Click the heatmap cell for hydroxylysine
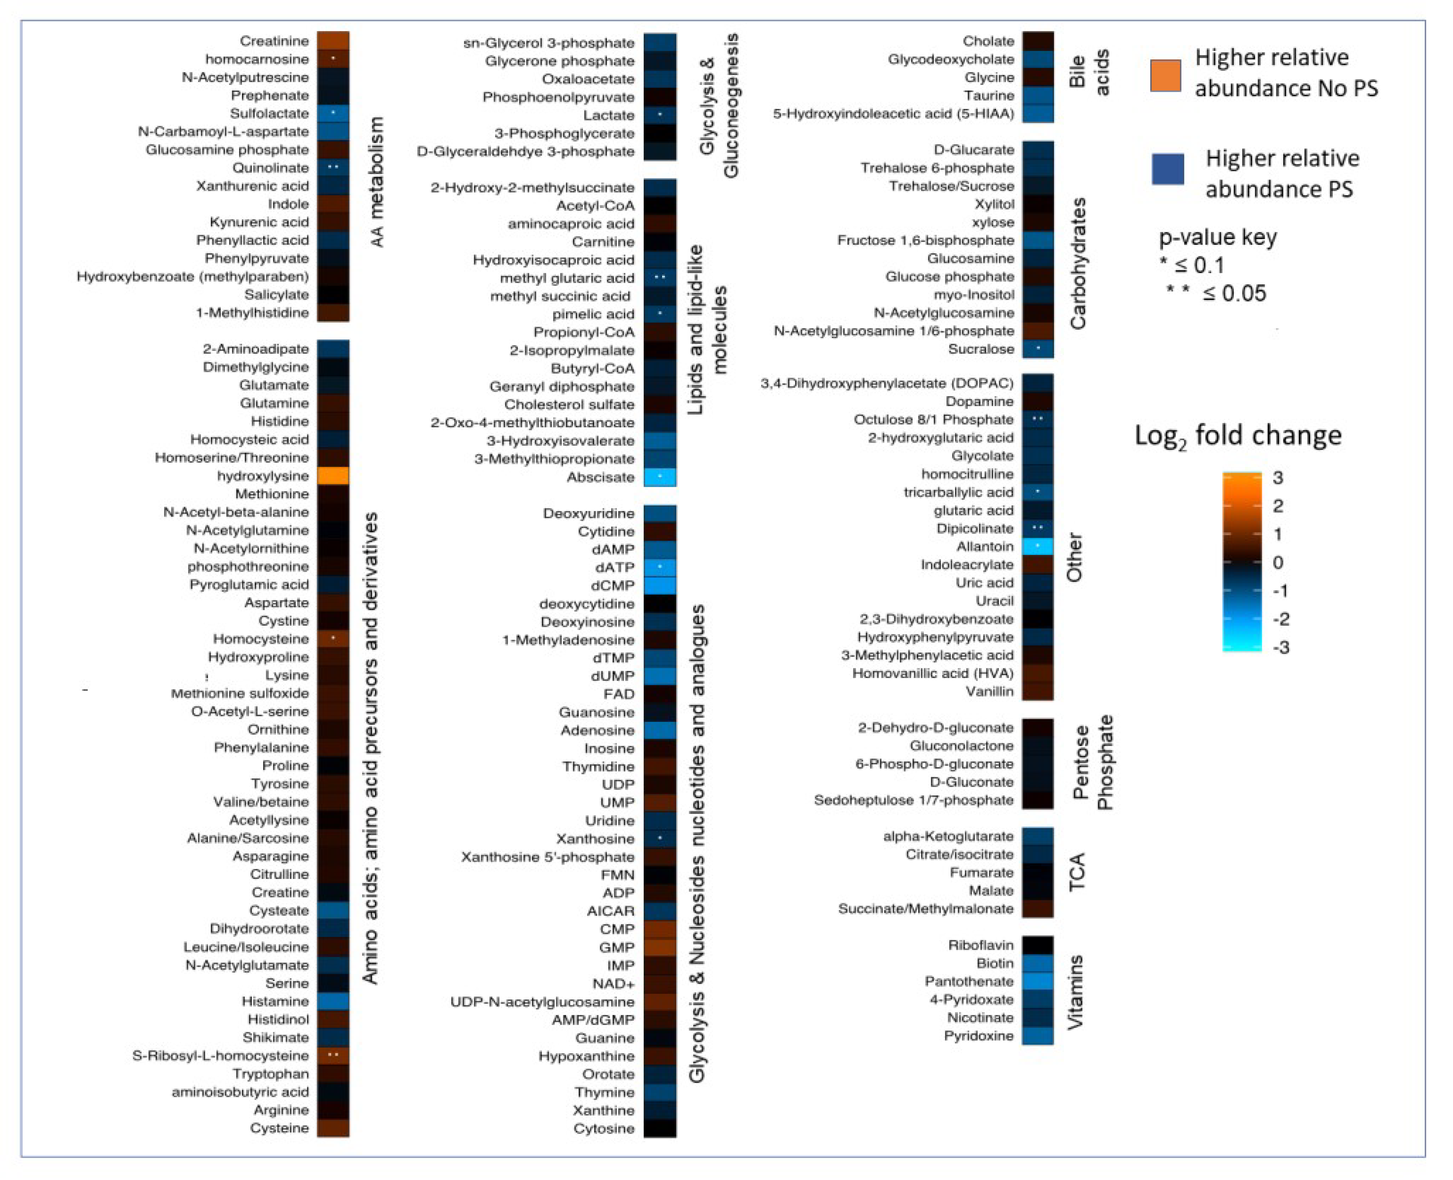coord(333,476)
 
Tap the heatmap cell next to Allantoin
coord(1038,546)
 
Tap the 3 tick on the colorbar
coord(1278,478)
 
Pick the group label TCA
coord(1077,873)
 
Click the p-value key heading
coord(1217,237)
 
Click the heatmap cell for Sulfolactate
coord(333,113)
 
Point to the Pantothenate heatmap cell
coord(1038,981)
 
